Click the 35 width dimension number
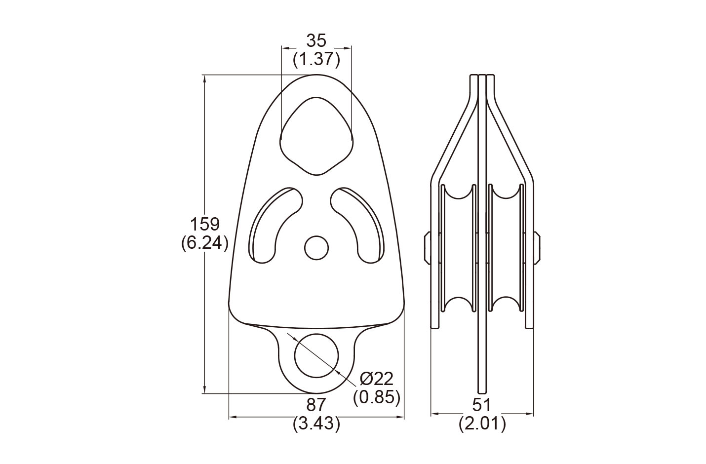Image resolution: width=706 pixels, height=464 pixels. pyautogui.click(x=316, y=40)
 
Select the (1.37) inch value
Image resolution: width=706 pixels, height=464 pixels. pyautogui.click(x=316, y=60)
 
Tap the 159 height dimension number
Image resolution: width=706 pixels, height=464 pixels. pyautogui.click(x=204, y=224)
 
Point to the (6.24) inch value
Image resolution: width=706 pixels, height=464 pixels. pyautogui.click(x=204, y=243)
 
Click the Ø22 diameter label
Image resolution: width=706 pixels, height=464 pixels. pyautogui.click(x=377, y=379)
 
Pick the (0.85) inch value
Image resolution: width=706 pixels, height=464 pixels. pyautogui.click(x=377, y=397)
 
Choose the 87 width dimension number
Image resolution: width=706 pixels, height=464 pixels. pyautogui.click(x=316, y=405)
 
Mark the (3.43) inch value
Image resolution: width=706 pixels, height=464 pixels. pyautogui.click(x=316, y=424)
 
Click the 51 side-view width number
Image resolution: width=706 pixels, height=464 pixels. pyautogui.click(x=482, y=405)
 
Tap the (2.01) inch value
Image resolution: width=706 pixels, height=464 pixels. pyautogui.click(x=482, y=424)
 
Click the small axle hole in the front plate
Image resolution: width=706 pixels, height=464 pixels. pyautogui.click(x=316, y=248)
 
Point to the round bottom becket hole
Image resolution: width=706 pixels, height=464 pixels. pyautogui.click(x=316, y=355)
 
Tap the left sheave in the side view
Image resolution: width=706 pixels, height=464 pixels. pyautogui.click(x=459, y=249)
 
